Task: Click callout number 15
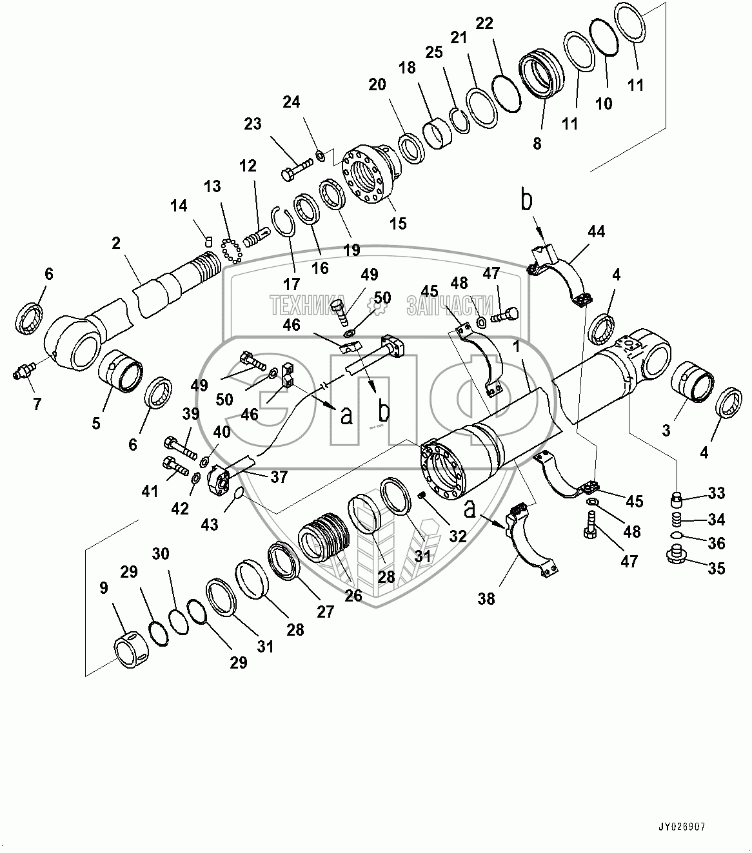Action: [x=398, y=223]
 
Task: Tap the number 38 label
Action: [x=486, y=598]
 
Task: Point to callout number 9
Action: [x=104, y=588]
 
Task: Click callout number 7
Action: [x=37, y=404]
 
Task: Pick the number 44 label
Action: [x=597, y=231]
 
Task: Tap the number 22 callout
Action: [x=484, y=24]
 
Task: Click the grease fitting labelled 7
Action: [x=23, y=372]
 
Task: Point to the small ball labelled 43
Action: [x=237, y=494]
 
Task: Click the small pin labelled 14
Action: [x=208, y=241]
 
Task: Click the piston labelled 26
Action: [x=323, y=535]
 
